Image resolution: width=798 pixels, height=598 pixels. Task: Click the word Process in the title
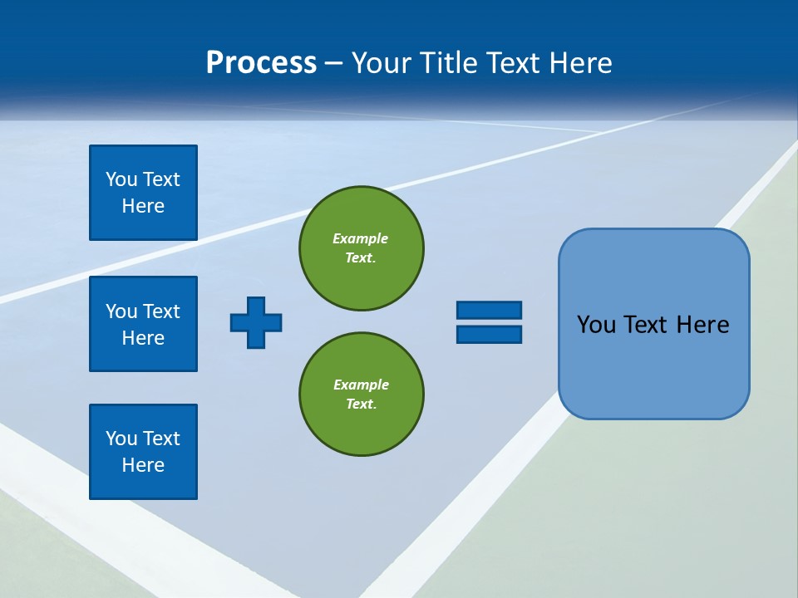tap(261, 63)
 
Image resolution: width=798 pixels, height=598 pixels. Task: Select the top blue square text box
tap(143, 193)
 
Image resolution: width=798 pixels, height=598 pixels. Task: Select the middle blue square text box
tap(143, 324)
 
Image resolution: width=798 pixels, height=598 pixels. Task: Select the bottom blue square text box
tap(143, 452)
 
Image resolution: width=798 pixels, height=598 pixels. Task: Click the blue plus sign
tap(256, 322)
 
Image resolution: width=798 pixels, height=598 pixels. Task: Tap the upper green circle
tap(362, 248)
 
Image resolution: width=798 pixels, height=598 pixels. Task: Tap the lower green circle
tap(362, 394)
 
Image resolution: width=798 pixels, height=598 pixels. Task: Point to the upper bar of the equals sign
tap(489, 310)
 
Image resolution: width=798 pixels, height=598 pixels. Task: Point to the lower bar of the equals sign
tap(489, 334)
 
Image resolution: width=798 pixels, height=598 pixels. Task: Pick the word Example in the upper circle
tap(360, 238)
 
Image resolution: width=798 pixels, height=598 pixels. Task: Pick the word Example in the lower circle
tap(361, 385)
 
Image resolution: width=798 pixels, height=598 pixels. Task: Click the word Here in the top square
tap(143, 206)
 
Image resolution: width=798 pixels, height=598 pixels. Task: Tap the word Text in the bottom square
tap(161, 439)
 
